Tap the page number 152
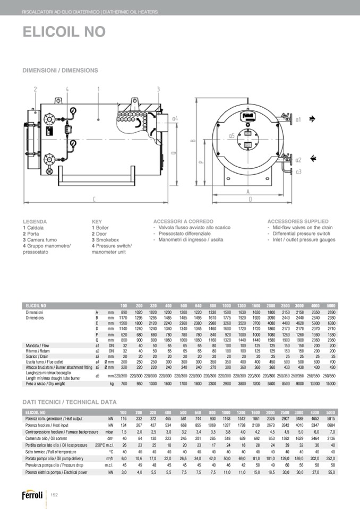click(x=54, y=495)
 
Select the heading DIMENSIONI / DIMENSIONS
click(x=60, y=70)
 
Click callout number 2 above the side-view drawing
click(x=36, y=89)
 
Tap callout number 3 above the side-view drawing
click(x=158, y=89)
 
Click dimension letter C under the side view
click(x=94, y=200)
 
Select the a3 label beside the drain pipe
click(x=298, y=171)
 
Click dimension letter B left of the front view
click(x=193, y=141)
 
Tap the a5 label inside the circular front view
click(x=232, y=136)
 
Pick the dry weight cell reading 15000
click(x=331, y=383)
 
